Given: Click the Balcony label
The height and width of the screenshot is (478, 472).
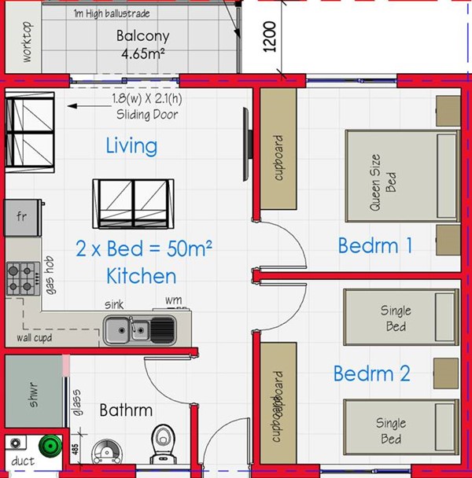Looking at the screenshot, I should coord(142,36).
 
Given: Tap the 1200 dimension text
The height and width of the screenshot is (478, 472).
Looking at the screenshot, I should coord(269,36).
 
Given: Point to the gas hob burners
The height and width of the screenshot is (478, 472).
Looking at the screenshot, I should coord(21,277).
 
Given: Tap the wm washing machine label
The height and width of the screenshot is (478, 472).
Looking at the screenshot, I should coord(173,300).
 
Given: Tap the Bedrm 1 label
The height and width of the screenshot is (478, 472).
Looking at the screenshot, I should coord(375,246).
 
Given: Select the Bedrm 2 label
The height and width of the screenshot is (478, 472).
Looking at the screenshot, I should coord(371,373).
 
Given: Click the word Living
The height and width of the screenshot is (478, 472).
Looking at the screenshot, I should coord(131,145).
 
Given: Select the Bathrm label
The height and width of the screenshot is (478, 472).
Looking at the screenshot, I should coord(126,410).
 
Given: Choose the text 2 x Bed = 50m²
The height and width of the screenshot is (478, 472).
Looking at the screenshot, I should coord(145,248).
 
